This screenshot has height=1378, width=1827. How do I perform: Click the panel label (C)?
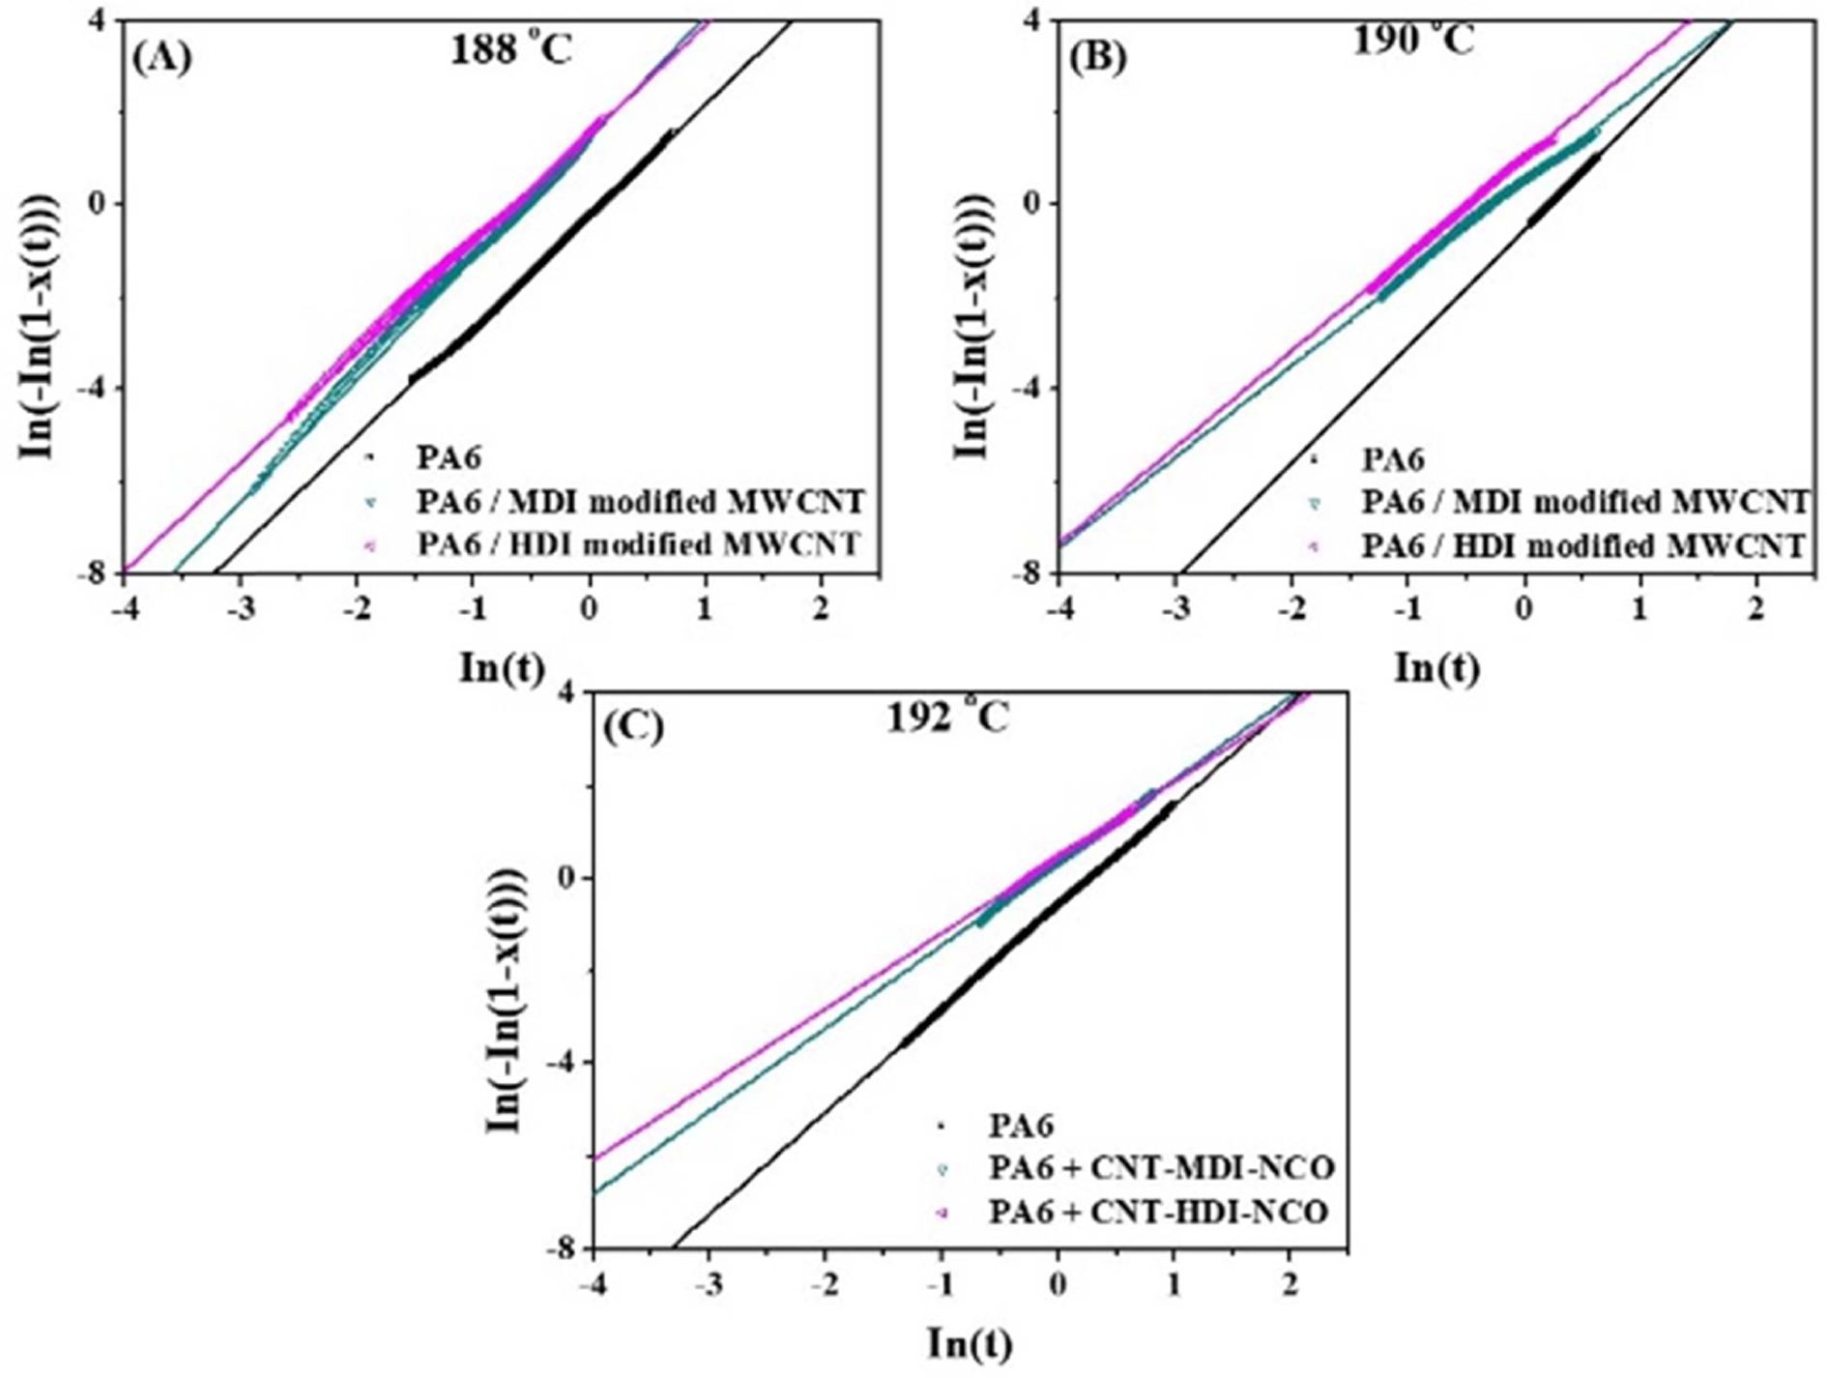coord(633,727)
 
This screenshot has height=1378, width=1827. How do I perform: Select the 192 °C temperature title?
coord(948,718)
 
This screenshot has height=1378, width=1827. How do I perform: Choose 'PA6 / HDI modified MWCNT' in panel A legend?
coord(639,544)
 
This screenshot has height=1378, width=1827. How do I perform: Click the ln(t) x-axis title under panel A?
coord(501,667)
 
